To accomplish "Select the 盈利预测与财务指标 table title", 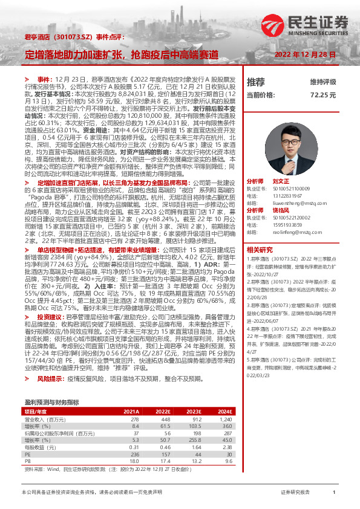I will click(51, 401).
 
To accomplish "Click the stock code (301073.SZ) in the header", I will click(72, 38).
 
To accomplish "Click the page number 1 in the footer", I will click(333, 493).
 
